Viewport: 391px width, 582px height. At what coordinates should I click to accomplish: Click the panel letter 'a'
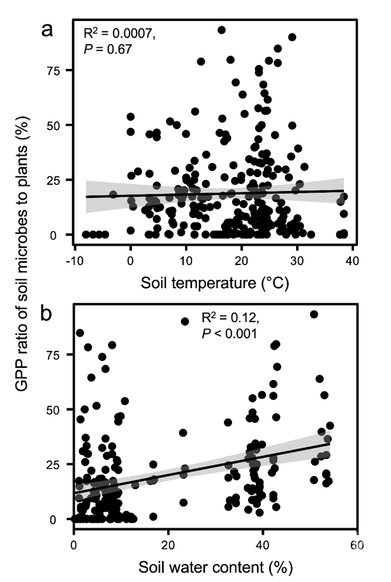tap(47, 30)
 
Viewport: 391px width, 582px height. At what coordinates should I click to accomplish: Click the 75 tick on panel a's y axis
tap(59, 70)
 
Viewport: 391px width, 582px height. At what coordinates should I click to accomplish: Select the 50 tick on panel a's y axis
tap(59, 125)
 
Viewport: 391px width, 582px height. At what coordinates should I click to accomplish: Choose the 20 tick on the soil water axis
tap(168, 545)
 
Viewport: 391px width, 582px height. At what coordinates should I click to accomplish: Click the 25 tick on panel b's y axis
tap(59, 464)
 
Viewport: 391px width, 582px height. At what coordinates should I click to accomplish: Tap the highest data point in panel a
tap(222, 29)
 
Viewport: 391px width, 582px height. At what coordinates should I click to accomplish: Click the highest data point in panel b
tap(314, 314)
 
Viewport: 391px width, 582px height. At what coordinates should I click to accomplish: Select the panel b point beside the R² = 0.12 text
tap(186, 321)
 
